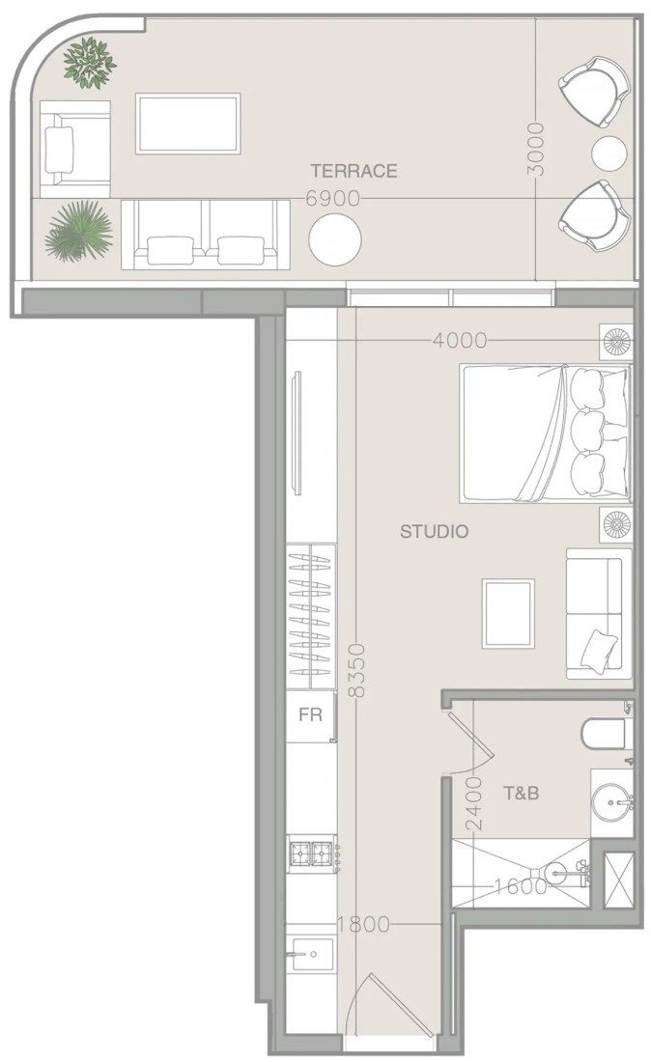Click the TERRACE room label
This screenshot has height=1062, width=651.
point(354,171)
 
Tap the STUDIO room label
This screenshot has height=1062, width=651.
point(435,531)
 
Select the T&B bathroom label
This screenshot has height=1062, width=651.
point(521,793)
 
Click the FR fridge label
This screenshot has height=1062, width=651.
point(310,714)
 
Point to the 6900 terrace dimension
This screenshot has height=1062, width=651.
point(332,199)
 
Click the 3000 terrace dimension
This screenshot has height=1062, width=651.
point(536,149)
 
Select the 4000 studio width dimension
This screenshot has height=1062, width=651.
point(460,340)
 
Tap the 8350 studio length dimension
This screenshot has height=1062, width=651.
point(356,671)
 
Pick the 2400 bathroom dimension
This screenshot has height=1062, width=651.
point(474,803)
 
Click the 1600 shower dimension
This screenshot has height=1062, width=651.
point(521,886)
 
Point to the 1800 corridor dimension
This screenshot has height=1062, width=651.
point(364,924)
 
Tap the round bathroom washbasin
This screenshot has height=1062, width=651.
point(611,803)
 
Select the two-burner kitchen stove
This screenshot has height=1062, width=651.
point(311,853)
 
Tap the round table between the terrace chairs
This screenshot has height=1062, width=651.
point(609,154)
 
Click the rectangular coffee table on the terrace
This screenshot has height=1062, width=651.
point(187,124)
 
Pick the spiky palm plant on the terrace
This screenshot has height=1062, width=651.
point(78,231)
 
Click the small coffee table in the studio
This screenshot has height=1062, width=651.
point(508,614)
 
